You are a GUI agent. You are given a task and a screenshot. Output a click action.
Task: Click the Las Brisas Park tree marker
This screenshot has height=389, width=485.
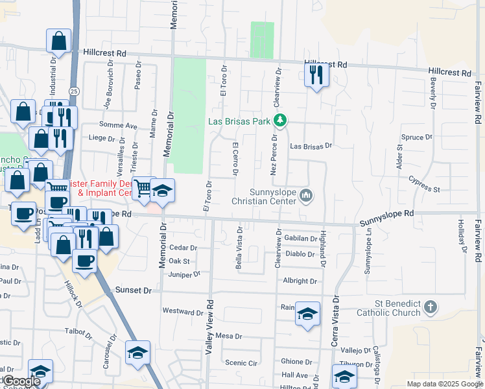(x=280, y=121)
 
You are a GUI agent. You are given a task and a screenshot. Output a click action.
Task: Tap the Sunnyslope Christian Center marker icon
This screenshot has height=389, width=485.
(x=307, y=194)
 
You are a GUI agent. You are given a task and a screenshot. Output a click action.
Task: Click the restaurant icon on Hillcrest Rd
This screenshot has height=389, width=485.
(x=316, y=75)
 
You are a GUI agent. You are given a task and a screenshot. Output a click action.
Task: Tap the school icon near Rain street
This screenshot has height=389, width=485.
(x=307, y=314)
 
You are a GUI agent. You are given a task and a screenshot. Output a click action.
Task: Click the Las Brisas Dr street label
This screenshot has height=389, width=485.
(x=311, y=147)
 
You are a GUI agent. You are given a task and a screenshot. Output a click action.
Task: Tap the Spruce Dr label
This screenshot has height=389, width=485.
(x=417, y=137)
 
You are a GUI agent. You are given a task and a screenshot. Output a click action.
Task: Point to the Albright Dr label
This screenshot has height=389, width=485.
(x=300, y=281)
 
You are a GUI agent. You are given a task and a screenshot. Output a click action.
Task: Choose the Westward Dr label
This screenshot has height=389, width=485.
(x=183, y=311)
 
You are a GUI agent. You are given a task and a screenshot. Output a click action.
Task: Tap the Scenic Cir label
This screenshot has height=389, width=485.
(x=241, y=362)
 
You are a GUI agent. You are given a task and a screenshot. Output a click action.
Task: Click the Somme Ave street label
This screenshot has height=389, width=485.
(x=118, y=125)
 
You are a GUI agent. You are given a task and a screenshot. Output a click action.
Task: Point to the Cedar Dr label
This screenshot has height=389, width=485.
(x=182, y=248)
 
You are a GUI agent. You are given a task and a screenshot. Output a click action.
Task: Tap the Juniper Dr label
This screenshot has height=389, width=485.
(x=184, y=275)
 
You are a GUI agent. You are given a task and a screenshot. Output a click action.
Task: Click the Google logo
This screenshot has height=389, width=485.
(x=22, y=381)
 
